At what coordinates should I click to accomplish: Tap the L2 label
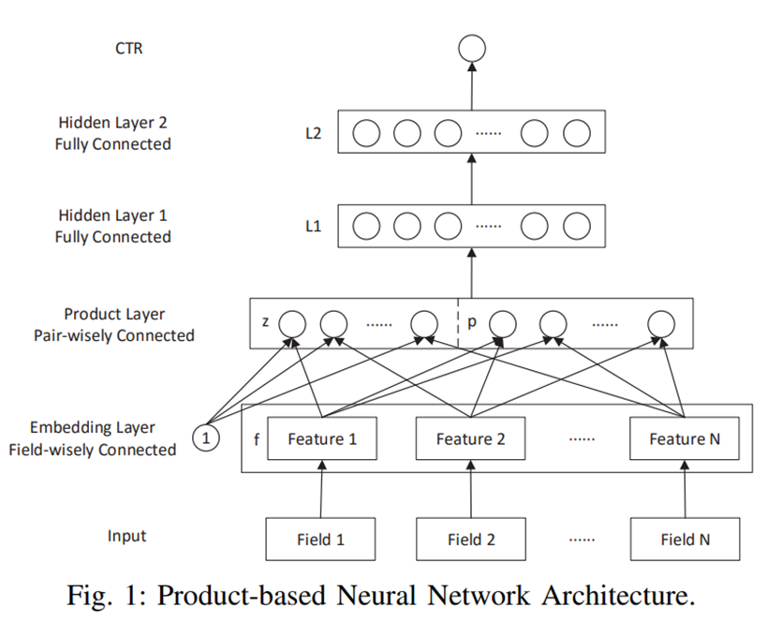tap(313, 134)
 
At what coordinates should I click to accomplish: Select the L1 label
tap(313, 227)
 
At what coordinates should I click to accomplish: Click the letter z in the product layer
tap(265, 321)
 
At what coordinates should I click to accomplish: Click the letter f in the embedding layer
tap(257, 439)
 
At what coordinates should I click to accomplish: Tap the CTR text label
tap(128, 49)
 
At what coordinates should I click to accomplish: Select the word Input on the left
tap(126, 536)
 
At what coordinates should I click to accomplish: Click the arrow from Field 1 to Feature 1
tap(321, 489)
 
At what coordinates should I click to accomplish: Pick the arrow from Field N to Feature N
tap(685, 489)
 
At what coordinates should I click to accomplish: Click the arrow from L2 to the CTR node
tap(472, 86)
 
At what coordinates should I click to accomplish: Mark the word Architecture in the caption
tap(618, 595)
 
